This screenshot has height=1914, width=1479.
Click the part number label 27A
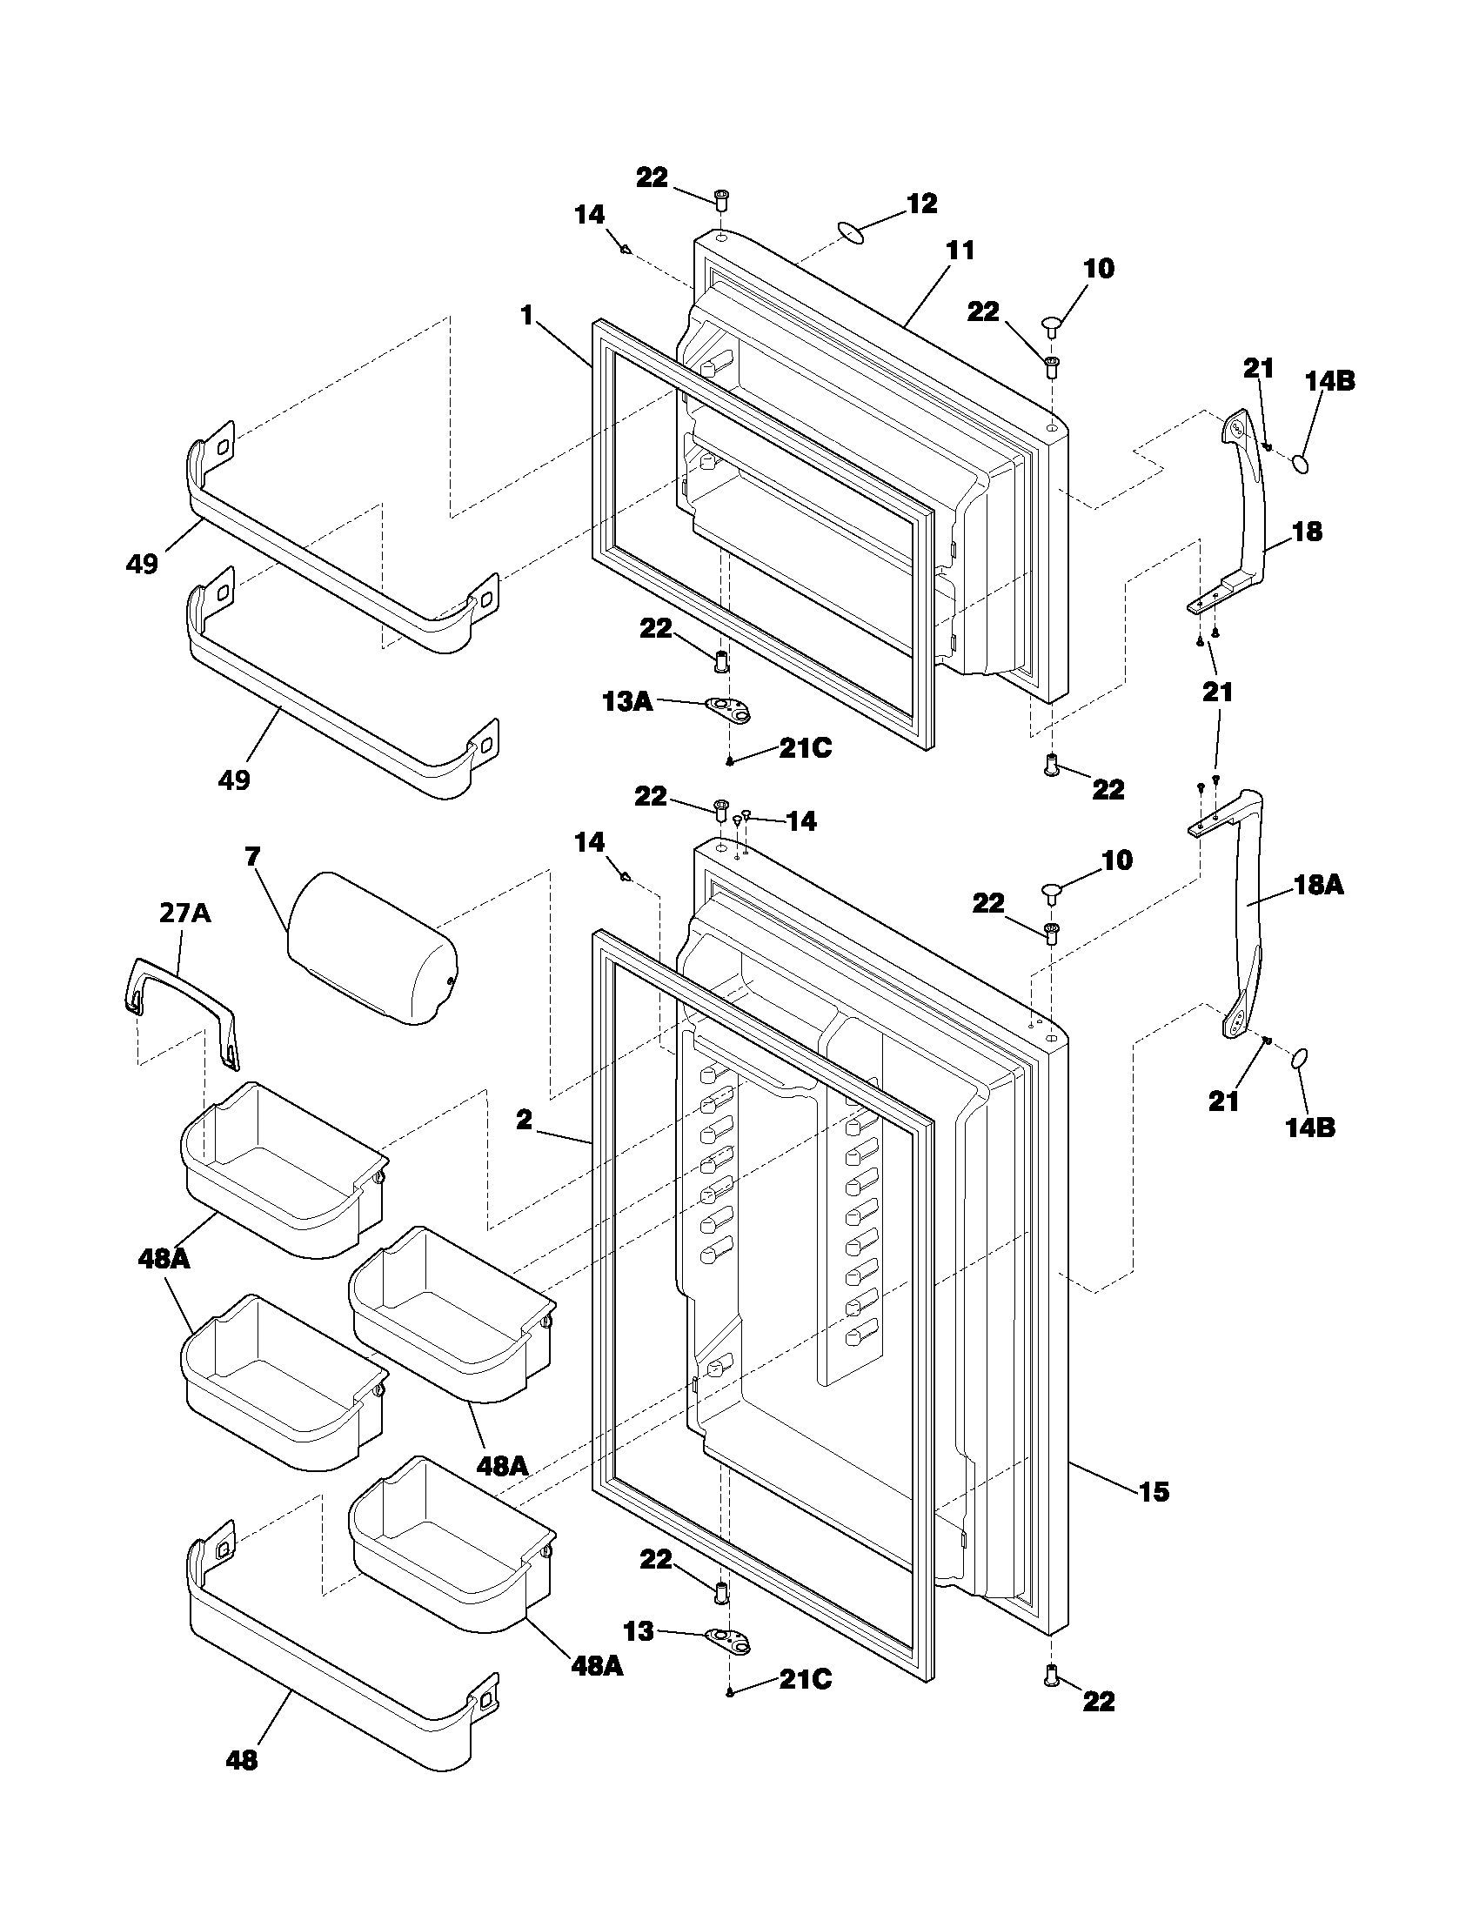point(184,913)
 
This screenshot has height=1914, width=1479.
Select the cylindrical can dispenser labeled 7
point(372,948)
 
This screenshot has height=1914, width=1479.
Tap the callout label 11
point(960,251)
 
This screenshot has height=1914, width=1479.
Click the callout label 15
point(1154,1490)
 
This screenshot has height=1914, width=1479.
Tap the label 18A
point(1319,885)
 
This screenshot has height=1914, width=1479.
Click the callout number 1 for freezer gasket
point(526,316)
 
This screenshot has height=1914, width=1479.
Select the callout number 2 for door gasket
point(524,1119)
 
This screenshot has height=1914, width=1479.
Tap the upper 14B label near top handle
point(1329,381)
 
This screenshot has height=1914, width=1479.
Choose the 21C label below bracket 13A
point(806,748)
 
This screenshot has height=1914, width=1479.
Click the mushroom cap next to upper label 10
point(1053,326)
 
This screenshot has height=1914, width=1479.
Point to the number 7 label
point(253,856)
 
